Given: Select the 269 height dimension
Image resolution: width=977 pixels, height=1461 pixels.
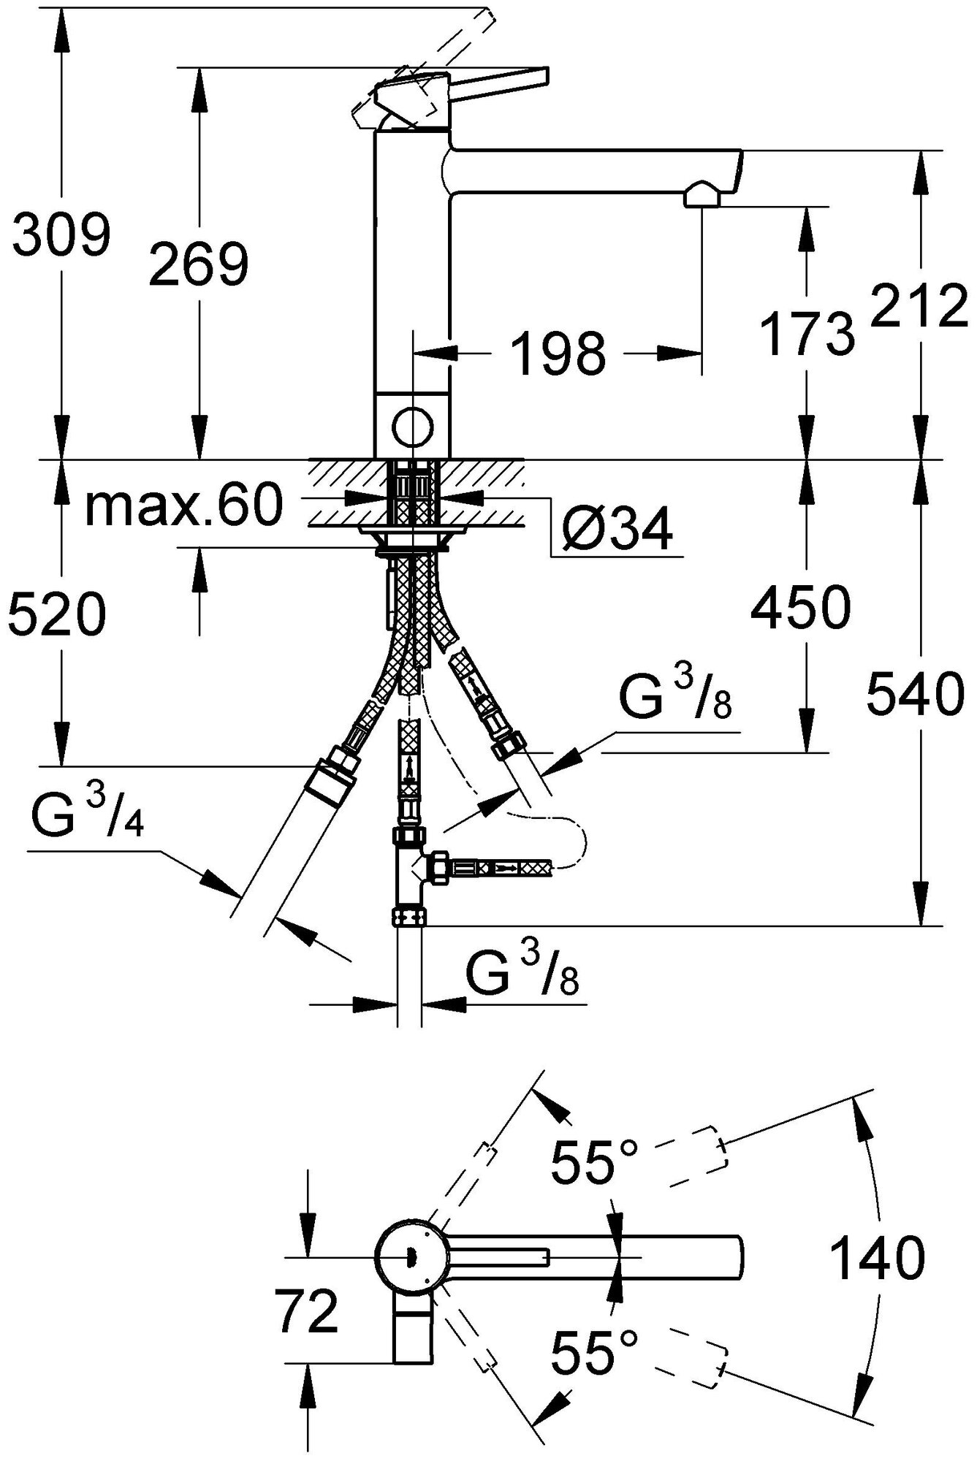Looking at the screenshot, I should pos(198,264).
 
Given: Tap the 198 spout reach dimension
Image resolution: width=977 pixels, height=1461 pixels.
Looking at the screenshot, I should pos(558,354).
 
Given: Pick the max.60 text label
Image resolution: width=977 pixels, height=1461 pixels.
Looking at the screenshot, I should pos(183,506).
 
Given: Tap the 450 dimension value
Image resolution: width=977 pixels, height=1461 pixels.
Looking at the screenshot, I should pos(801,607).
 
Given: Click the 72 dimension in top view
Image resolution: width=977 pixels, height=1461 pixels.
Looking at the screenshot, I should pos(307,1311).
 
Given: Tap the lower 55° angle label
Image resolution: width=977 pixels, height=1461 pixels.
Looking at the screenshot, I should pos(594,1351).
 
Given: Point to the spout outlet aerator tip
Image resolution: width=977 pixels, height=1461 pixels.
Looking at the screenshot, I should pos(702,196).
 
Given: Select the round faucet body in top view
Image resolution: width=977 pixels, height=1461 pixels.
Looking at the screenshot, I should pos(409,1256).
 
